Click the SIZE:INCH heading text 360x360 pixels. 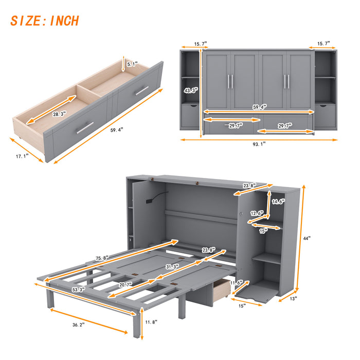45,21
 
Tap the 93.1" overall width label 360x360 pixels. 259,145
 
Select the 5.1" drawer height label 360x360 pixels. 133,65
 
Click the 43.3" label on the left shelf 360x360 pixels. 191,91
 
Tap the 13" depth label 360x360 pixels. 294,297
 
